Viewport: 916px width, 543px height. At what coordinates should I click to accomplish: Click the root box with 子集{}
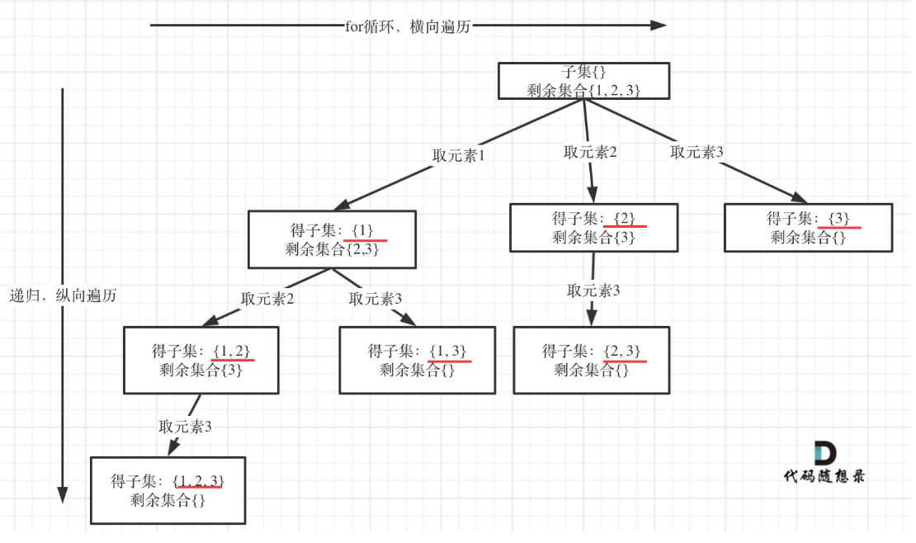coord(583,81)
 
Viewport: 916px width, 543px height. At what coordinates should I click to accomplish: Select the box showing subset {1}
coord(332,239)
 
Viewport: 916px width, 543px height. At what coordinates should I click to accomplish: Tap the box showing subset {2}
coord(593,228)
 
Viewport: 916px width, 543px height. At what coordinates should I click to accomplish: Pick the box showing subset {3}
coord(808,228)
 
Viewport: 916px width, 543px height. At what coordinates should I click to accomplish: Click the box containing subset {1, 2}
coord(201,361)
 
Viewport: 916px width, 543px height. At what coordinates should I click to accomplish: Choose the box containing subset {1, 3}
coord(418,361)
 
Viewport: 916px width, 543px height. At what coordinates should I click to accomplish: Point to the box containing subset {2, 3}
coord(592,361)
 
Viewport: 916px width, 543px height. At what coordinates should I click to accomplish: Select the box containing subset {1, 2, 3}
coord(168,490)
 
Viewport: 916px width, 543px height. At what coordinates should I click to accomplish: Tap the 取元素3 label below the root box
coord(696,152)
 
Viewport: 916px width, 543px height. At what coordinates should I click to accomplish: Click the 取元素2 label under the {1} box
coord(267,299)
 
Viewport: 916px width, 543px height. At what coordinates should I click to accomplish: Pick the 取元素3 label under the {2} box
coord(593,290)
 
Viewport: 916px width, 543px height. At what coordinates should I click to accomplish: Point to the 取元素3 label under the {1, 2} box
coord(186,427)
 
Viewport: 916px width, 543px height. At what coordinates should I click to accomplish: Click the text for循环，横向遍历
coord(408,26)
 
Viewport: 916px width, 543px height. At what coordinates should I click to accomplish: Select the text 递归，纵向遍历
coord(64,295)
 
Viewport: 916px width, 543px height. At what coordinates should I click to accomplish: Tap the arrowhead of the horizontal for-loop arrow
coord(658,26)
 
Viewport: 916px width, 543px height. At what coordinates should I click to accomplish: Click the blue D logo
coord(824,452)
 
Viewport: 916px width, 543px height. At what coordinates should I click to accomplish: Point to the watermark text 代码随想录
coord(824,476)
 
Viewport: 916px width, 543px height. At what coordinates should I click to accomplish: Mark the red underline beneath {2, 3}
coord(624,361)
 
